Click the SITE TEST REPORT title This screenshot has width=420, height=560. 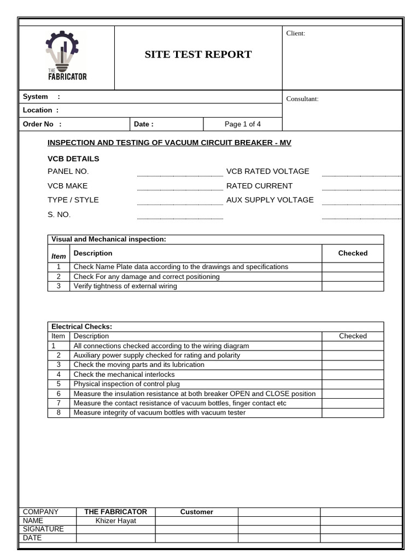click(198, 54)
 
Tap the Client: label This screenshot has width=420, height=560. click(296, 33)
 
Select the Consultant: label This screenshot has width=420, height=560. click(302, 99)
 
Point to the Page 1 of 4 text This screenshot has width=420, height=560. click(243, 124)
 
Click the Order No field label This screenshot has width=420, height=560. click(42, 124)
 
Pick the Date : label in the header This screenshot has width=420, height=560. click(144, 124)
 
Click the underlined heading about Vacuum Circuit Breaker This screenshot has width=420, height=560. click(170, 143)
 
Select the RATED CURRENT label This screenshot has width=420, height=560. click(259, 186)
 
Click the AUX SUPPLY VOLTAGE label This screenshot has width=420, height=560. click(270, 200)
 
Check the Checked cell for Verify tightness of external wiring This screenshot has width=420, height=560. click(352, 286)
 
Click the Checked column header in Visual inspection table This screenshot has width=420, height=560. click(353, 253)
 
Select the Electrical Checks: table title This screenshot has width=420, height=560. click(81, 326)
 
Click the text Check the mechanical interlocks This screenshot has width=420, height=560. click(124, 375)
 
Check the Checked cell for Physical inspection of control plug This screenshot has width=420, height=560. click(352, 384)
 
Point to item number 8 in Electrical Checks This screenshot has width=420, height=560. click(59, 413)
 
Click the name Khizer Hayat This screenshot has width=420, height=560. click(115, 521)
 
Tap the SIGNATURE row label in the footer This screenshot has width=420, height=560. click(43, 529)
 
